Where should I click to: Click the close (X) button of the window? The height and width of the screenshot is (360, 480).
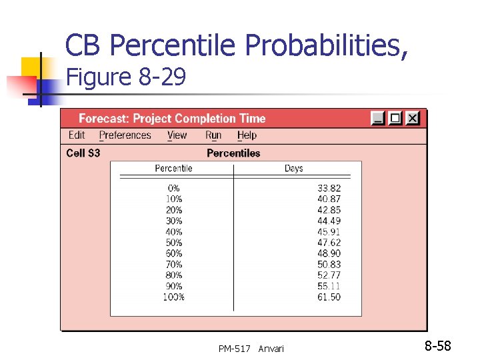click(413, 118)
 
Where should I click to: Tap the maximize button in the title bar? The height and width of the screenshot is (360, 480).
click(396, 118)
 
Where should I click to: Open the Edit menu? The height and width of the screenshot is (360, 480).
click(77, 135)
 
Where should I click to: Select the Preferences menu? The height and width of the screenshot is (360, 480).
click(125, 135)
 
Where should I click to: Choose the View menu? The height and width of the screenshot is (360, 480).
click(177, 135)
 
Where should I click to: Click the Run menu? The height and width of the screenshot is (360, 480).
click(213, 135)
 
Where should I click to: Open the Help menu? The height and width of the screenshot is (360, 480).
click(247, 135)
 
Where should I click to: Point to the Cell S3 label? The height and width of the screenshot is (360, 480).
click(83, 153)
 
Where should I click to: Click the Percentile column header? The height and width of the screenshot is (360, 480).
click(173, 168)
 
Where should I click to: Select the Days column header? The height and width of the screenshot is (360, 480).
click(293, 168)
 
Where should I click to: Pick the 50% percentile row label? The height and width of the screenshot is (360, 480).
click(174, 243)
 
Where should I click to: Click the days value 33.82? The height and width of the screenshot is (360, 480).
click(329, 189)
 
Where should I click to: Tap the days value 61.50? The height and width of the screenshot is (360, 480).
click(329, 297)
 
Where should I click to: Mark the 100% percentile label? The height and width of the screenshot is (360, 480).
click(173, 297)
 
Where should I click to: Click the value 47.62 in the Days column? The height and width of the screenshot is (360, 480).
click(329, 243)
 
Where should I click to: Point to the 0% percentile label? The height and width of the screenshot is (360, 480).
click(174, 189)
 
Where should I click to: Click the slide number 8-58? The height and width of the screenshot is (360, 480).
click(438, 346)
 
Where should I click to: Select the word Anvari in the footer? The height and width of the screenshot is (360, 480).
click(271, 349)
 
